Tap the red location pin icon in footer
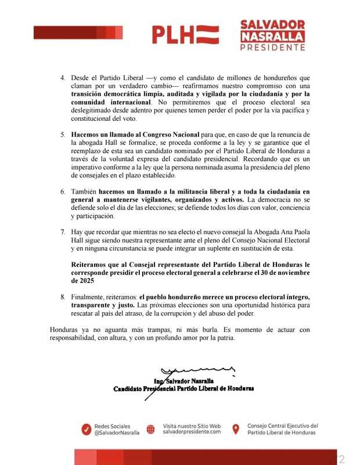(x=236, y=429)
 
